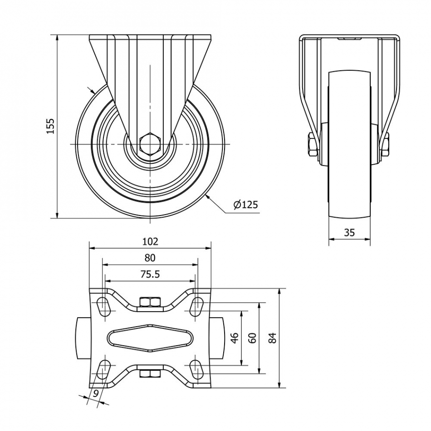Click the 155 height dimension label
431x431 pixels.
click(50, 126)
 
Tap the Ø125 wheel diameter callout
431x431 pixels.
click(246, 205)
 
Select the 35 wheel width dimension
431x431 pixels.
click(349, 233)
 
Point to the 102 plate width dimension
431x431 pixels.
click(150, 241)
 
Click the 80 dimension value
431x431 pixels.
click(150, 258)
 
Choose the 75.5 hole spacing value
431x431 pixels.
click(150, 274)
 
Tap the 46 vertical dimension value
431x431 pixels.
click(235, 338)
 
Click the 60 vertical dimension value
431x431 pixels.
click(252, 338)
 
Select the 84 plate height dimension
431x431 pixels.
click(272, 338)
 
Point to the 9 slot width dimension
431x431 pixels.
click(95, 394)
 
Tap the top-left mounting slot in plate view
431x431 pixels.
click(103, 307)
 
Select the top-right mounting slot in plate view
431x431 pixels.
click(197, 307)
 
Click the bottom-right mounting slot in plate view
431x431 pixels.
click(197, 370)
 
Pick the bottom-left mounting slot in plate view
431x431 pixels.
click(103, 370)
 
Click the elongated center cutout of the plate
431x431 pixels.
click(150, 338)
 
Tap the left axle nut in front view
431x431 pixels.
click(313, 145)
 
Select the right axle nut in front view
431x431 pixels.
click(385, 145)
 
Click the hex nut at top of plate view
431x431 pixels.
click(150, 302)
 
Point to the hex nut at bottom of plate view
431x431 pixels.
click(150, 374)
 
